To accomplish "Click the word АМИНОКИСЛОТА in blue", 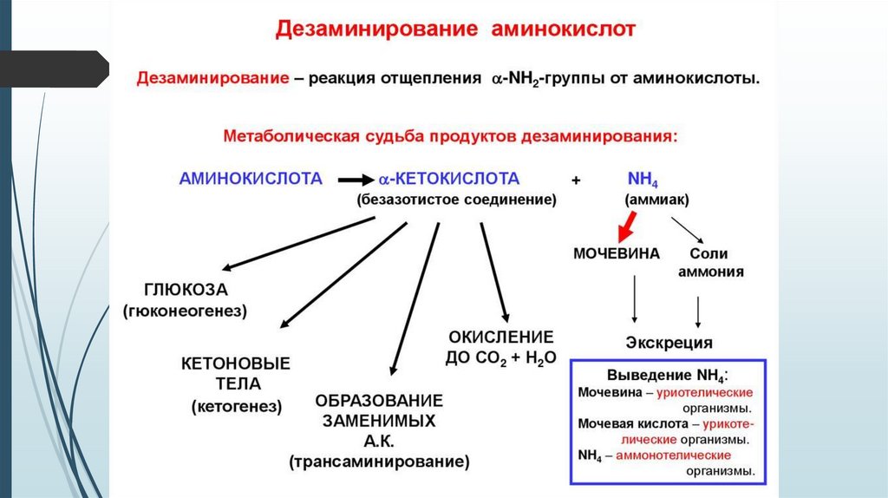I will coord(251,179).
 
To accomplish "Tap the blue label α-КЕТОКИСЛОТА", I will coord(447,179).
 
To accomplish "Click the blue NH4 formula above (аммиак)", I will coord(643,180).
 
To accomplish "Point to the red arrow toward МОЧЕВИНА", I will coord(626,227).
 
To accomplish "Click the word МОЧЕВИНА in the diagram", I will coord(617,254).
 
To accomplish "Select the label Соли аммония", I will coord(709,262).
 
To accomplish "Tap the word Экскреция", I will coord(669,342).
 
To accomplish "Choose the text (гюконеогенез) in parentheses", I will coord(186,311).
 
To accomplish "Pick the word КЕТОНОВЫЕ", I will coord(236,363).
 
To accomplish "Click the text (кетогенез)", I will coord(237,405).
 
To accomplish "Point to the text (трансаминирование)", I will coord(379,462).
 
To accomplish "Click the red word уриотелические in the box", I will coord(704,392).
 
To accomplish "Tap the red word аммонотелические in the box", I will coord(674,455).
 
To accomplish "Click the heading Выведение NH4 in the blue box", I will coord(667,377).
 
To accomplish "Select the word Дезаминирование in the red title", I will coord(374,29).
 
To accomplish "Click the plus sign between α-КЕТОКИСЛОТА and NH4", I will coord(576,180).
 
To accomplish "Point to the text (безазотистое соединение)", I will coord(455,200).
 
